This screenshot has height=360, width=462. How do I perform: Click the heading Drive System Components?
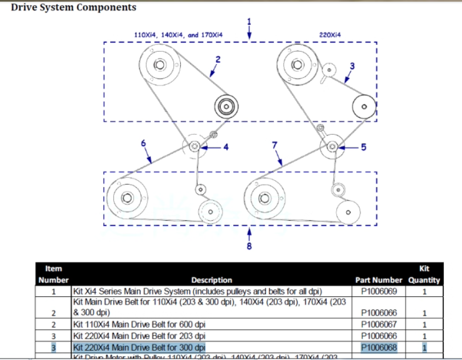click(73, 8)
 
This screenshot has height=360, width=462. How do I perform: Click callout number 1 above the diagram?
click(250, 21)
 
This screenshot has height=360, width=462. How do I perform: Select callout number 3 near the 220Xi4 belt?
click(352, 66)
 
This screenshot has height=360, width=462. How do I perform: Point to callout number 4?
click(225, 147)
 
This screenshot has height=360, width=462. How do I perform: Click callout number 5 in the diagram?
click(362, 147)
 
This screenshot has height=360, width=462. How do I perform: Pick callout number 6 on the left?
click(144, 143)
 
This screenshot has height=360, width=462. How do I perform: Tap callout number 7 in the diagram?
click(275, 145)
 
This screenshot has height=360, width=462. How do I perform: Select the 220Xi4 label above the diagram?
click(330, 35)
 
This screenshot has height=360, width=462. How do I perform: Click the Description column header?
click(212, 280)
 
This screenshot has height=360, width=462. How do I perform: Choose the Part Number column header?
click(379, 280)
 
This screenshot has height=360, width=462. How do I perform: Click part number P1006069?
click(379, 291)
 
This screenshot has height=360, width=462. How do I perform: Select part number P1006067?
click(379, 324)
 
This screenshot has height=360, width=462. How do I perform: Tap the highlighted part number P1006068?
click(379, 347)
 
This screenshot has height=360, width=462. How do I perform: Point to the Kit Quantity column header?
click(424, 275)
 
